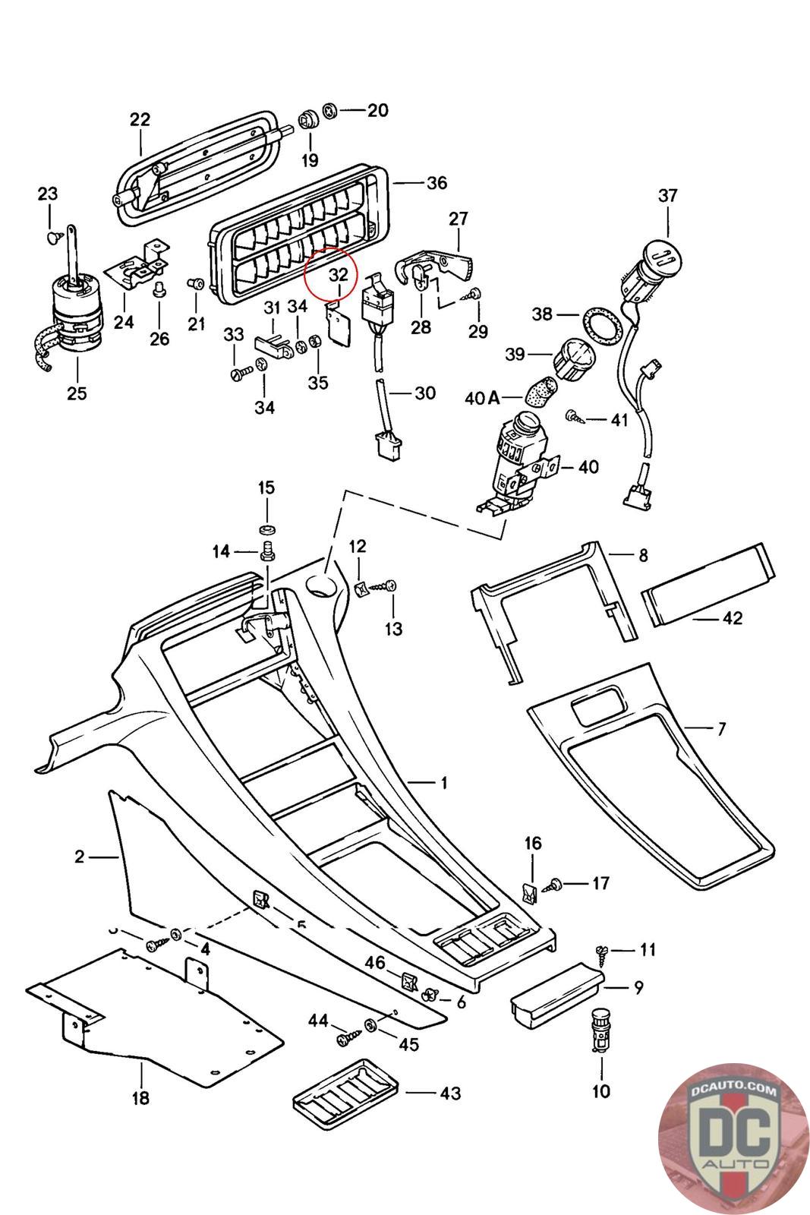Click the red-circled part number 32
coord(338,274)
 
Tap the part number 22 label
coord(140,119)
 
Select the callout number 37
coord(667,195)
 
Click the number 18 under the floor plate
coord(140,1097)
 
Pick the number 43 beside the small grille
coord(450,1093)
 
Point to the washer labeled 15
coord(266,529)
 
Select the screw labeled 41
coord(574,415)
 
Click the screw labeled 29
coord(476,294)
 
